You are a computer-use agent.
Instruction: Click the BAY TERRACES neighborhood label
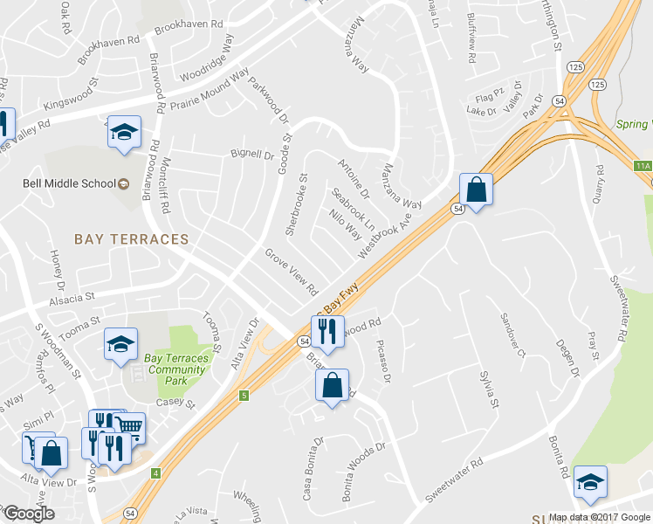click(x=131, y=238)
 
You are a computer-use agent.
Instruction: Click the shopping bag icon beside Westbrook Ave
click(x=476, y=190)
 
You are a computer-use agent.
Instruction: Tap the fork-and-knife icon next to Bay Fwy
click(x=327, y=330)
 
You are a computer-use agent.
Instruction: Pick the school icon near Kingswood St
click(x=124, y=132)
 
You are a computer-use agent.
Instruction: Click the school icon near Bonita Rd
click(x=590, y=483)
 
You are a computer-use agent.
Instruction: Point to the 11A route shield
click(x=643, y=166)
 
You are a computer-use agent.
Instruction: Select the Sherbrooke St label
click(x=298, y=203)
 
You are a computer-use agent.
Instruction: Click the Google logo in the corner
click(x=29, y=514)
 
